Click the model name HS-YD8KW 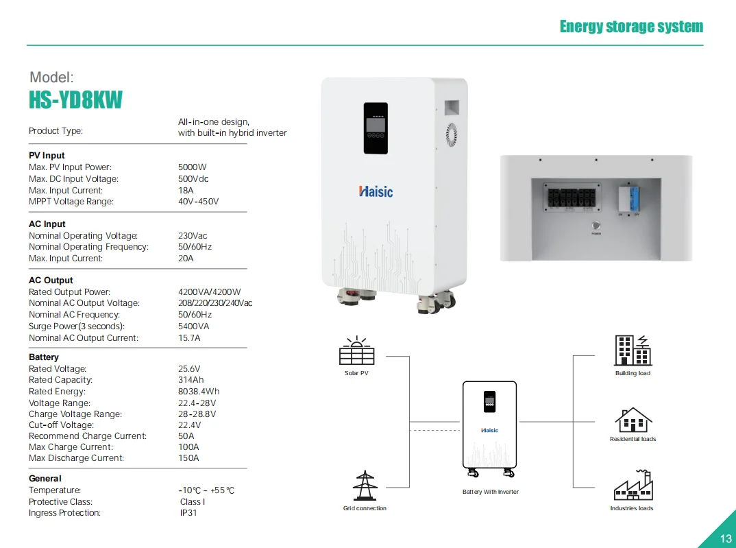[75, 100]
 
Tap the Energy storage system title [631, 27]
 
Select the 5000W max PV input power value [192, 167]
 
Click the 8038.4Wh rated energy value [199, 392]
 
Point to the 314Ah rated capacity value [191, 380]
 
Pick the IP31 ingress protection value [188, 513]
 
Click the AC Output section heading [51, 281]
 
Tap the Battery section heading [44, 357]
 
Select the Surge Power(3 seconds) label [77, 326]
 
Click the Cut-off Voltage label [61, 425]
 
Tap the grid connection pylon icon [365, 485]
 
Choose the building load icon [633, 350]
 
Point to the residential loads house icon [633, 419]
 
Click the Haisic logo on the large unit [376, 191]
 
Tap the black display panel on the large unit [376, 128]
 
